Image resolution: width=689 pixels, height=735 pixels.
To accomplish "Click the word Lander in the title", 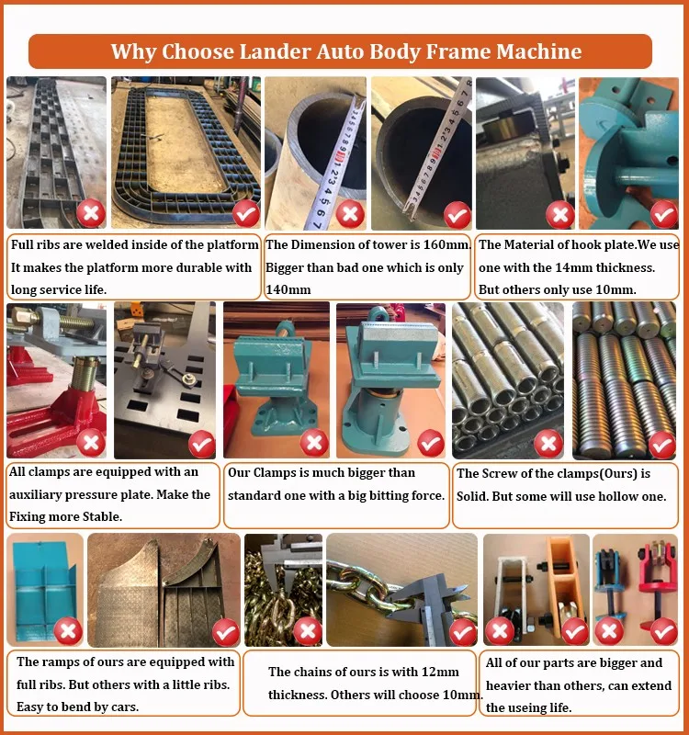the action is pos(275,51).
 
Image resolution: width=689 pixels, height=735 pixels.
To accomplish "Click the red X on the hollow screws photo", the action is pos(548,443).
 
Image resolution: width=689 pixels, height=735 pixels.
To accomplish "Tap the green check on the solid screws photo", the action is pos(661,445).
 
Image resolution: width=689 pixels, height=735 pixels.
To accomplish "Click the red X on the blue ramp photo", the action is pos(68,630).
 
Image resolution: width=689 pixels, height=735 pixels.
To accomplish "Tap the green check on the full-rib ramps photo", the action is pos(226,632).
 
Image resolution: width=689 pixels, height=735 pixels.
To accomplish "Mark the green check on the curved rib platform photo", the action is pos(246,213).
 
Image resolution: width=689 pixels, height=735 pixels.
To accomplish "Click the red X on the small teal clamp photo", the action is pos(314,442).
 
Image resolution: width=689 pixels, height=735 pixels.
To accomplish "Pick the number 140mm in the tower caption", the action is pos(288,289).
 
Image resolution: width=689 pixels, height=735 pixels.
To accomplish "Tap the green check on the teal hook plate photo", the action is pos(663,215).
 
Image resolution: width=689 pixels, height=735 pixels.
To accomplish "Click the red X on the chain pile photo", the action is pos(308,630).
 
